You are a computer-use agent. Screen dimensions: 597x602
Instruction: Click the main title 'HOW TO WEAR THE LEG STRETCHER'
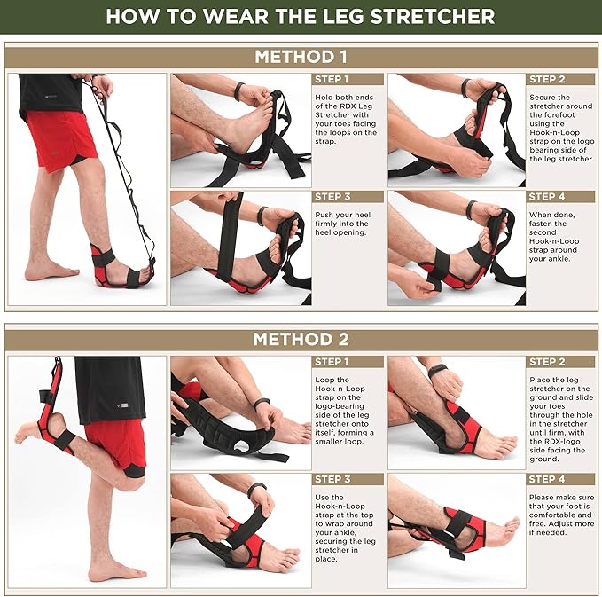coord(301,16)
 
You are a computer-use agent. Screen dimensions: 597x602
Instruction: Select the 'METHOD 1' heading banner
coord(301,57)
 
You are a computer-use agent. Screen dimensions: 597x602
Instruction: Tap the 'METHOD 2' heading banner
coord(301,339)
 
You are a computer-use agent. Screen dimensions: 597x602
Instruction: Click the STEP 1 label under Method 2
coord(331,362)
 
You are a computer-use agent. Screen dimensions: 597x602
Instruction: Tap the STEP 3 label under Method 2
coord(331,479)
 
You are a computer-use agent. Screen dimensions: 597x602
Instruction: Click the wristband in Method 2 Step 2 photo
coord(439,371)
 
